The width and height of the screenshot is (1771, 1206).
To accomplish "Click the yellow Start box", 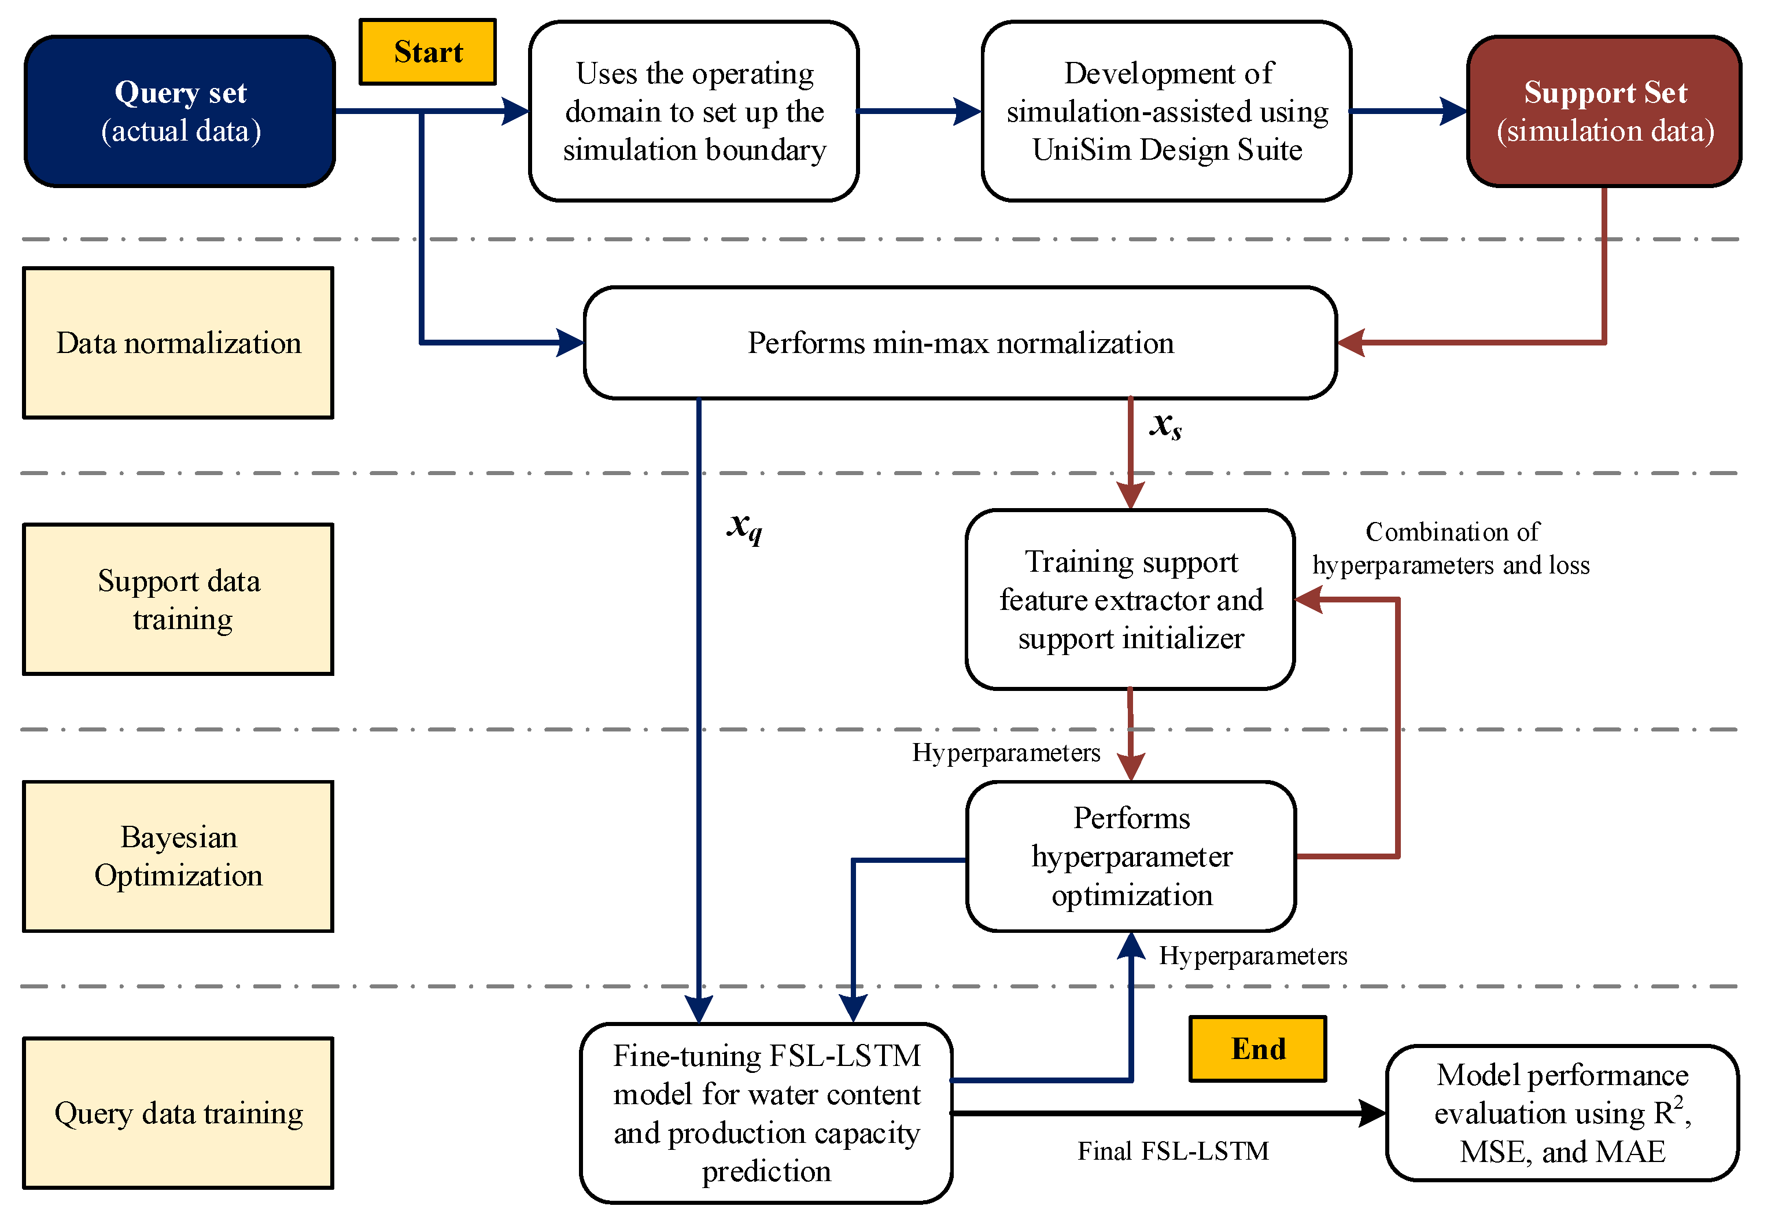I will coord(427,52).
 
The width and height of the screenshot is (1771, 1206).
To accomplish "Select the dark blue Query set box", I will coord(180,111).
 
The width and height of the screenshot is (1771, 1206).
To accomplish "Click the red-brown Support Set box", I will coord(1603,111).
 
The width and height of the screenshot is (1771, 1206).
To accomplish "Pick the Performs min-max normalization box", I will coord(960,343).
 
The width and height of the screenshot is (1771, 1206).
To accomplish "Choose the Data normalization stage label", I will coord(178,343).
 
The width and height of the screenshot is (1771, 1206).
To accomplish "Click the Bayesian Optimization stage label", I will coord(178,855).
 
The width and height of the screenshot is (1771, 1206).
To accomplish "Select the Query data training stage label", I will coord(178,1112).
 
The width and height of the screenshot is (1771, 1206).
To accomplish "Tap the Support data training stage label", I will coord(178,599).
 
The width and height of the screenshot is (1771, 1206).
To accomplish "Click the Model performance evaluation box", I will coord(1562,1112).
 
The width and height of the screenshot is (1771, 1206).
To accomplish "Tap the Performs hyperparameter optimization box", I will coord(1131,855).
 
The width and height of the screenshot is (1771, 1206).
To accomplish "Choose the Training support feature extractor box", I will coord(1131,599).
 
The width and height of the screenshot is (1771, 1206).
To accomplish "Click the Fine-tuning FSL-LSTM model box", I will coord(766,1112).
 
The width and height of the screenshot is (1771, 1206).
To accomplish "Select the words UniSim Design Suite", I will coord(1167,150).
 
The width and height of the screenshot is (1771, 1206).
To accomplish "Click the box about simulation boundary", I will coord(694,111).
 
